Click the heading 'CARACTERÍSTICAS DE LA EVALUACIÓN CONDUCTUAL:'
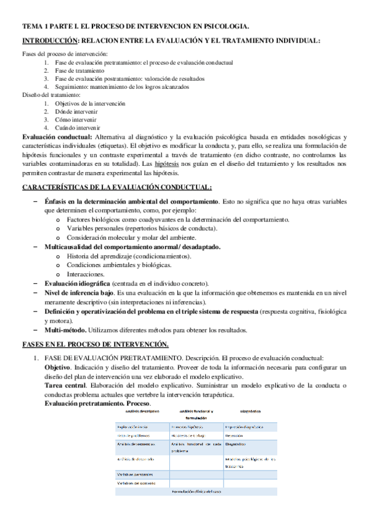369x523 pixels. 117,187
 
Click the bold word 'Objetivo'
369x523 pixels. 57,368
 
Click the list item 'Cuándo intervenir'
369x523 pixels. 77,128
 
